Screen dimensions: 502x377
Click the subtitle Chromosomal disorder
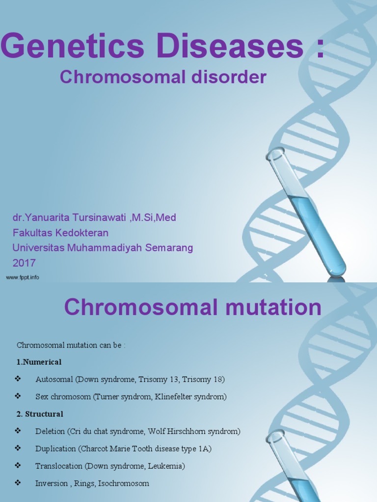(x=163, y=77)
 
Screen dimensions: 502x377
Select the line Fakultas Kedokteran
(x=60, y=232)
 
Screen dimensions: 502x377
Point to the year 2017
(x=24, y=263)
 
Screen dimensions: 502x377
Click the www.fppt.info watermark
(x=23, y=277)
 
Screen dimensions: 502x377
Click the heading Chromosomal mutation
(x=192, y=308)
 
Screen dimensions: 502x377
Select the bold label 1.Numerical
(x=39, y=362)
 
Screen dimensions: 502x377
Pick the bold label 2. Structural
(x=40, y=414)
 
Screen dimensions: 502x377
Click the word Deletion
(x=50, y=431)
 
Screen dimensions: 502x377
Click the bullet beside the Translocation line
(x=18, y=465)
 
